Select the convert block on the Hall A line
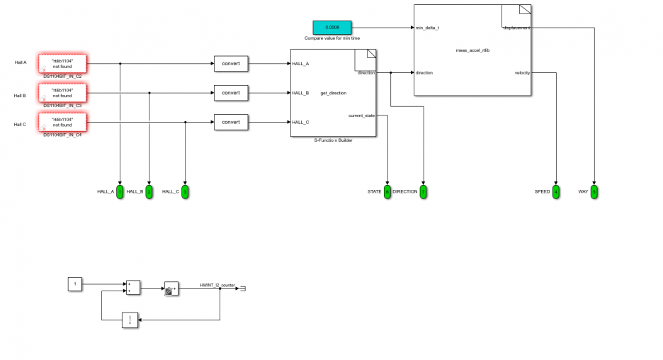click(x=231, y=64)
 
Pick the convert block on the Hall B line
click(x=231, y=93)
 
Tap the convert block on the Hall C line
click(x=231, y=122)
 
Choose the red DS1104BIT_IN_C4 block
click(x=62, y=122)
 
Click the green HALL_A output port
click(x=120, y=191)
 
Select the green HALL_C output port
click(x=185, y=191)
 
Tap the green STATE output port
click(x=387, y=191)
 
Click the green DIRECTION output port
click(x=423, y=191)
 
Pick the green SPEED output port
click(x=556, y=191)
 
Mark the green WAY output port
click(x=594, y=191)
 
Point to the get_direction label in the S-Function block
click(x=333, y=93)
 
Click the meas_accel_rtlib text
click(x=472, y=50)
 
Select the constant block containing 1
click(x=75, y=284)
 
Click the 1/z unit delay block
click(x=130, y=320)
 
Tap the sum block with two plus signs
click(x=132, y=287)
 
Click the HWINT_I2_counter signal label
click(x=217, y=284)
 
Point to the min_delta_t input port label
click(x=427, y=28)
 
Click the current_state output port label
click(x=361, y=115)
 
